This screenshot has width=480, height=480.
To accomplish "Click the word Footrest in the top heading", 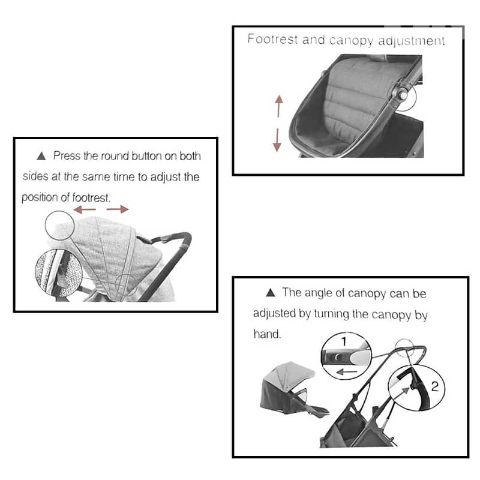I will pos(268,40).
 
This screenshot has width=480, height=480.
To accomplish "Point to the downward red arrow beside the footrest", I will pos(277,140).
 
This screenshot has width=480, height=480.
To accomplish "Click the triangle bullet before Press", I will pos(41,156).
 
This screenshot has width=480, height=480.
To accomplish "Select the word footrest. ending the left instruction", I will pos(88,197).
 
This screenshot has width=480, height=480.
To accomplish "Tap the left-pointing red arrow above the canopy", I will pos(83,209).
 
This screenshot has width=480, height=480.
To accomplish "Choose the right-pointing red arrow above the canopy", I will pos(118,209).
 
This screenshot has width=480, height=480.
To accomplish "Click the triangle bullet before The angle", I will pos(271,293).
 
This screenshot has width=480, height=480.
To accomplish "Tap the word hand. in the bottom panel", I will pos(267,334).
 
